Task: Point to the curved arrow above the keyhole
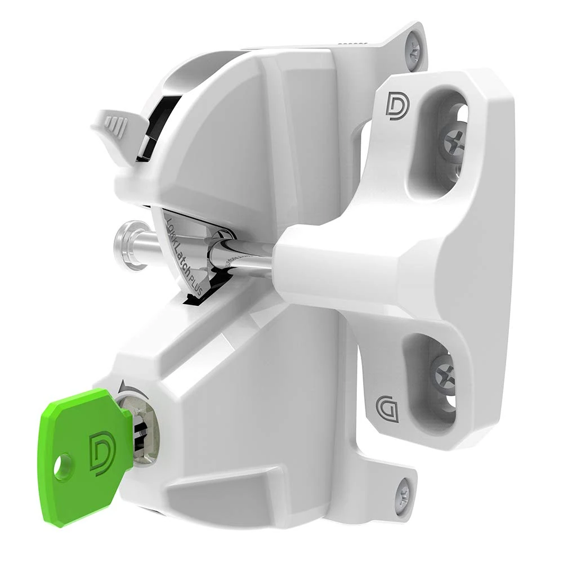pos(123,387)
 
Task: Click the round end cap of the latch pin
pos(125,243)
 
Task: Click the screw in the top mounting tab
pos(413,46)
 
